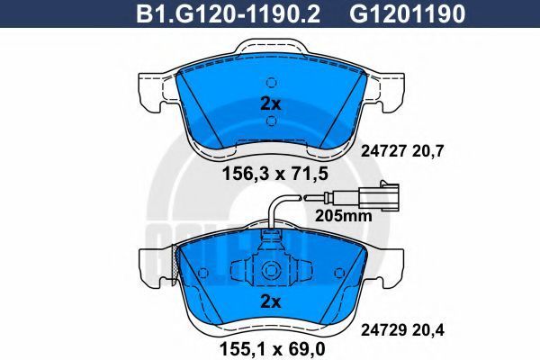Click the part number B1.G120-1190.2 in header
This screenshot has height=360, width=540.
(x=228, y=13)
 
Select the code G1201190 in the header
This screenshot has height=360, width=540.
(x=408, y=13)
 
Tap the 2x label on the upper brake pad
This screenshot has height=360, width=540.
(x=271, y=103)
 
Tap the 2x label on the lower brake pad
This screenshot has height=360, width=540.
(x=271, y=301)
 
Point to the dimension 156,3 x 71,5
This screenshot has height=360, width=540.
(x=275, y=174)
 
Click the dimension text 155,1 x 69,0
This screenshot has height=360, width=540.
(x=272, y=349)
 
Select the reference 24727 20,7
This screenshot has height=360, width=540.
(x=402, y=151)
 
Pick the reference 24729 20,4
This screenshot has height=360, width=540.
(x=402, y=330)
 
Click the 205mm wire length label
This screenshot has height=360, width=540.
(x=344, y=216)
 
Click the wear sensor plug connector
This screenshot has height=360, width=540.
(x=379, y=197)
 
